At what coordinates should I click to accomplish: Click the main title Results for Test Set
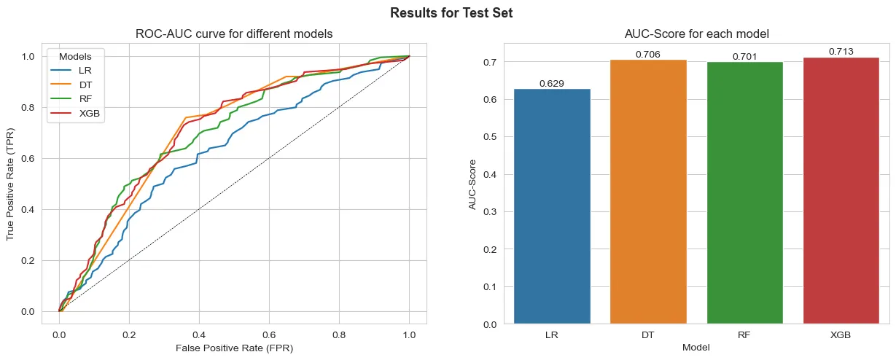[x=451, y=12]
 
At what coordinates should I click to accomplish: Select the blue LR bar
[x=552, y=207]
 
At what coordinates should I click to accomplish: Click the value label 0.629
[x=552, y=84]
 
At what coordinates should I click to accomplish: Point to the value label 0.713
[x=841, y=52]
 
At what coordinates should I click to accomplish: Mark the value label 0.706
[x=648, y=54]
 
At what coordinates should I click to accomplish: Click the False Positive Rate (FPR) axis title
[x=234, y=348]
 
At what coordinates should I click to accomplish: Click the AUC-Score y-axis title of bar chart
[x=472, y=184]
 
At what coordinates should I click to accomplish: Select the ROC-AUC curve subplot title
[x=234, y=34]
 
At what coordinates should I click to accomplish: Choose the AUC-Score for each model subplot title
[x=696, y=34]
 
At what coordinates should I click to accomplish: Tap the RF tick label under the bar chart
[x=744, y=334]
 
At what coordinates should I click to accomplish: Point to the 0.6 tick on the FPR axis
[x=269, y=334]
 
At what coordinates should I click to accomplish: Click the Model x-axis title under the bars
[x=696, y=348]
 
